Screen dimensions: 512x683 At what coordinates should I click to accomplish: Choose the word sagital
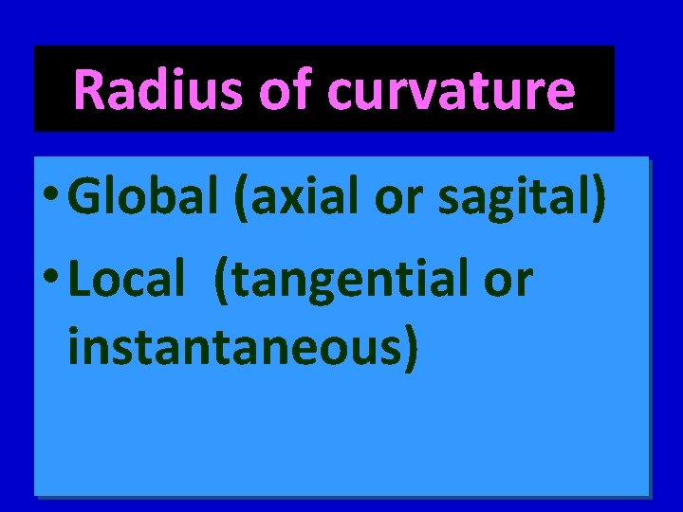[x=505, y=201]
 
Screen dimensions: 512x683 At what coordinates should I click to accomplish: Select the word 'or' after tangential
[x=509, y=282]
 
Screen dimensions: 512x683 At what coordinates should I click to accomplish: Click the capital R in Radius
[x=89, y=90]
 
